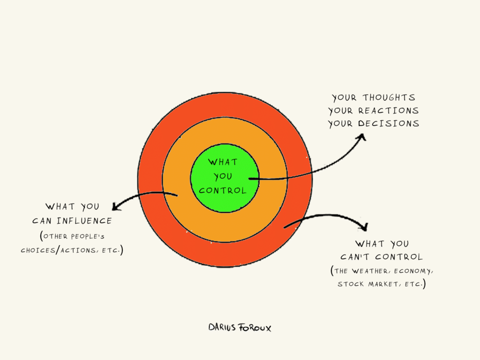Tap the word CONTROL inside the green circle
pyautogui.click(x=223, y=191)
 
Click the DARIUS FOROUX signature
pyautogui.click(x=240, y=327)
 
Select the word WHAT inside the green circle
pyautogui.click(x=223, y=162)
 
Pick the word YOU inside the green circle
pyautogui.click(x=223, y=177)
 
